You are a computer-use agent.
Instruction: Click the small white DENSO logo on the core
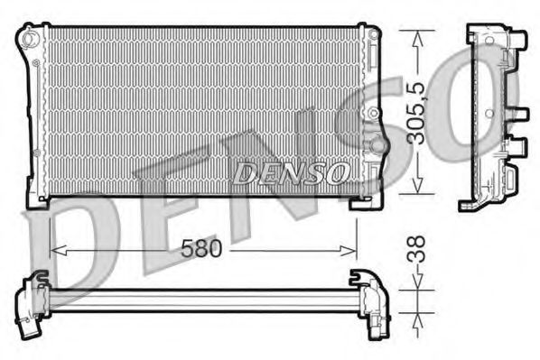click(x=289, y=171)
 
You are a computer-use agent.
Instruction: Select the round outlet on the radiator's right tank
click(x=377, y=144)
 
